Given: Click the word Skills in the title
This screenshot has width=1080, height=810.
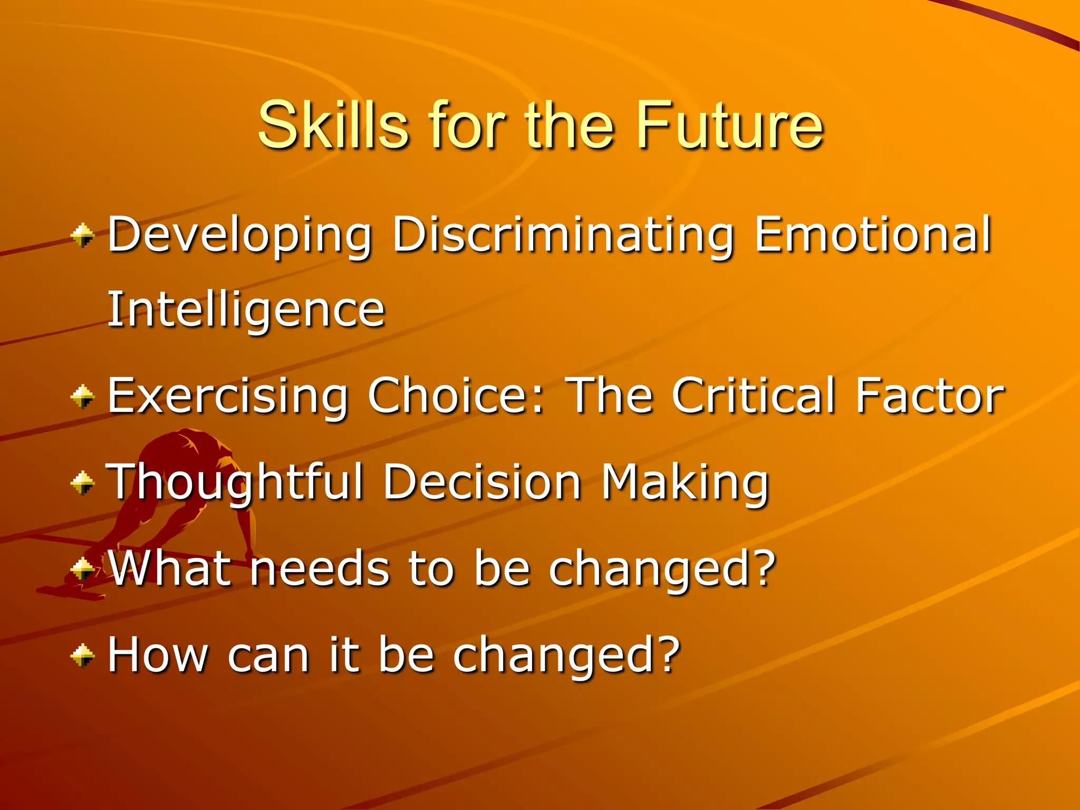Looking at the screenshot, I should (x=333, y=126).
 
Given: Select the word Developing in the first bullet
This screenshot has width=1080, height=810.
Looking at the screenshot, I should (x=240, y=235).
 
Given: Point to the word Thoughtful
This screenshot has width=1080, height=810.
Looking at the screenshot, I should (x=235, y=483).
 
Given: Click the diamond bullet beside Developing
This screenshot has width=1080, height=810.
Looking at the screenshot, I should (x=83, y=235).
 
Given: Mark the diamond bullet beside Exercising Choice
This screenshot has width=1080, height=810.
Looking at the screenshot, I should (x=83, y=397).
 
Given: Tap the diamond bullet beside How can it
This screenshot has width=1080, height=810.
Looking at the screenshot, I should (x=83, y=655).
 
